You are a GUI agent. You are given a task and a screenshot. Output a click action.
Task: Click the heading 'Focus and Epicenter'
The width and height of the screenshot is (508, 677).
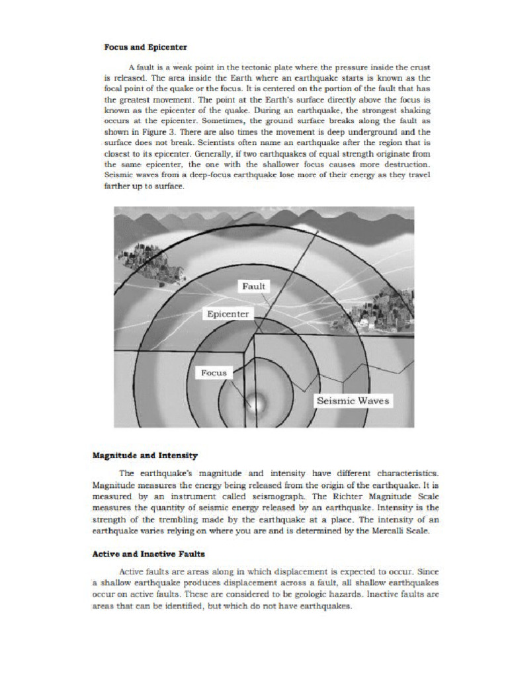point(146,48)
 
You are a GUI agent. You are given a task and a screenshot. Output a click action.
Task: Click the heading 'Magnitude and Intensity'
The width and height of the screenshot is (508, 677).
point(145,456)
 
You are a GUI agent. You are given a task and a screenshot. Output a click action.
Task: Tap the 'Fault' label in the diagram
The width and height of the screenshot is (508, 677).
point(253,286)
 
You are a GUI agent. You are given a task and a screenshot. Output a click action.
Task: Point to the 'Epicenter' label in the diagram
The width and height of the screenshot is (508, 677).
point(228,314)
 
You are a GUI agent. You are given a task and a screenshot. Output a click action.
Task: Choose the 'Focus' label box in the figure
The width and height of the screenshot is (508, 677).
point(214,373)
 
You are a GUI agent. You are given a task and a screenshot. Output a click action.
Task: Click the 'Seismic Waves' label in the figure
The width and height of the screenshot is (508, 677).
point(353,401)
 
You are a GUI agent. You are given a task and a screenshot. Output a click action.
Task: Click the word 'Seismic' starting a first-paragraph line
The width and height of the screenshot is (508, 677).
point(120,174)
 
